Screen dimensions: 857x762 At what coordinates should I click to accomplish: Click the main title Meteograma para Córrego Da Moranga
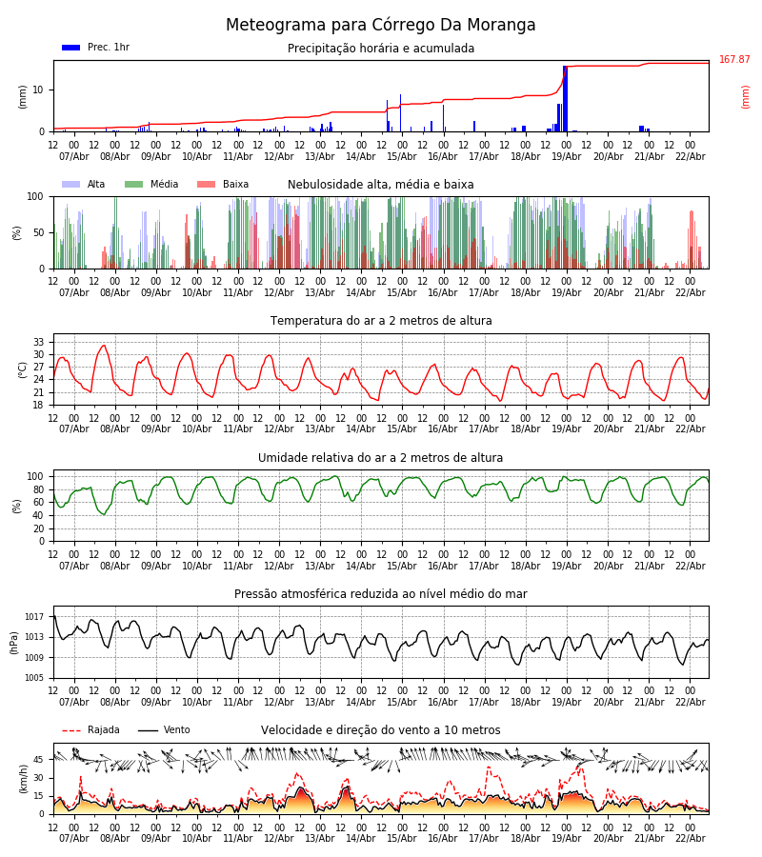point(381,26)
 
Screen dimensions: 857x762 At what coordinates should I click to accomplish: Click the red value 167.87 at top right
point(734,60)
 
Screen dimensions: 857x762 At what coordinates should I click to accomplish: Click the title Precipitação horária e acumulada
point(381,49)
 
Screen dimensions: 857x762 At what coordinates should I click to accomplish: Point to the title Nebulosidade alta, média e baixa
point(381,185)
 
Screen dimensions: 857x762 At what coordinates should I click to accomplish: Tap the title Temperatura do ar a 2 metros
point(381,321)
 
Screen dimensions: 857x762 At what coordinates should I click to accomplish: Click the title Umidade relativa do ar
point(381,458)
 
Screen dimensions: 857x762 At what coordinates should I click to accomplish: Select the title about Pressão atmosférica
point(381,594)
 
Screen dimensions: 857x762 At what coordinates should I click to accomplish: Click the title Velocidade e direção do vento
point(381,730)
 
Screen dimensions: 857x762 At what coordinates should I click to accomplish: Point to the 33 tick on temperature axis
point(39,342)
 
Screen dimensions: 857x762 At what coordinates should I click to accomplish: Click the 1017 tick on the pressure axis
point(35,617)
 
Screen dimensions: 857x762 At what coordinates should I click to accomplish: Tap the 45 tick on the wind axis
point(39,760)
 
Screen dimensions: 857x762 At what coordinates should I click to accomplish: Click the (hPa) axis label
point(15,642)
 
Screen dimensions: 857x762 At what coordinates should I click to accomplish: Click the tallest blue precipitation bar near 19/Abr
point(565,99)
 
